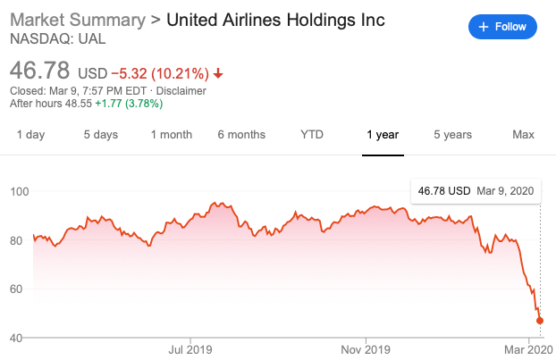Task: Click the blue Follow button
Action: (x=502, y=27)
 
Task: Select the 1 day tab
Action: (x=31, y=135)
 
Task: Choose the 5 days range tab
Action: (x=101, y=135)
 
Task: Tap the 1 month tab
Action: (x=171, y=135)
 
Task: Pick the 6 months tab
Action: (x=241, y=135)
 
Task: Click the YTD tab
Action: (x=312, y=135)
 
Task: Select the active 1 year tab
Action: (x=382, y=135)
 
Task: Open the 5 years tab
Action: (x=452, y=135)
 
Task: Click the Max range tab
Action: (x=523, y=135)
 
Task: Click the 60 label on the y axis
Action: (x=18, y=289)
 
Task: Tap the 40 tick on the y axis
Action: (x=18, y=338)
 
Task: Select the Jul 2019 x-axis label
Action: (x=190, y=348)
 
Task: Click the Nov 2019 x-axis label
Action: (x=366, y=348)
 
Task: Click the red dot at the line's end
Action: (x=540, y=321)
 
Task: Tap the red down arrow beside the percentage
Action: (x=219, y=73)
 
